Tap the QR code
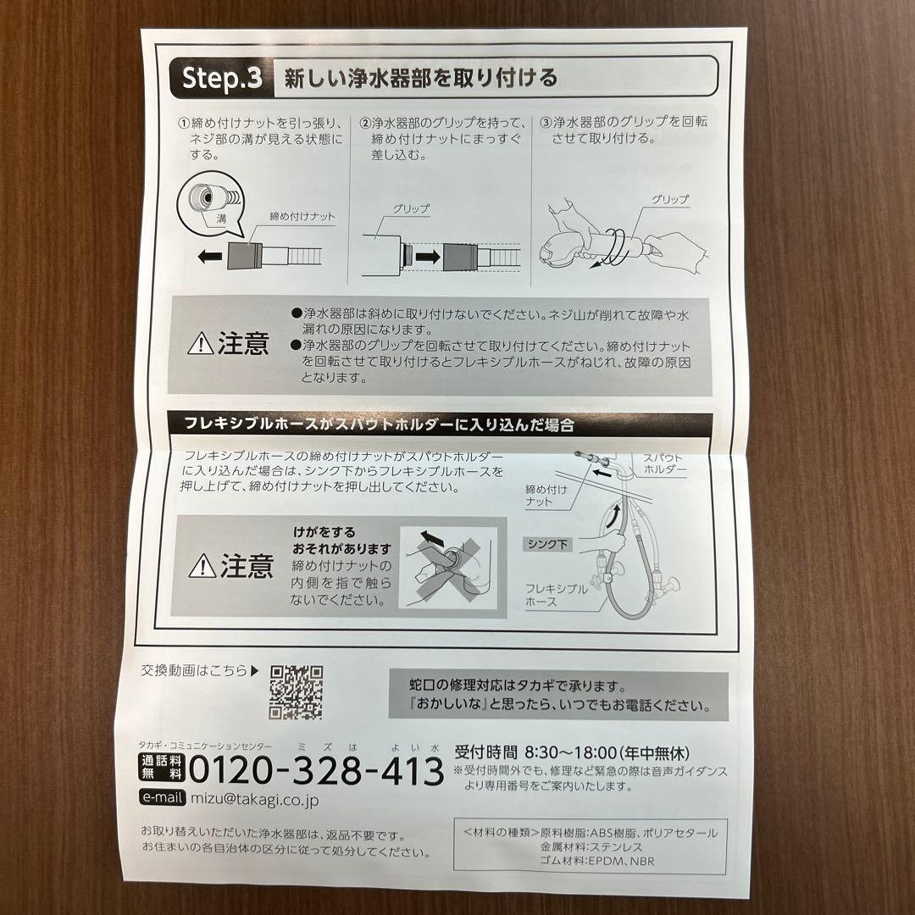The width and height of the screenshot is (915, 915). tap(296, 692)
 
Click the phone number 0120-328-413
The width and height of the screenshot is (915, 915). tap(316, 771)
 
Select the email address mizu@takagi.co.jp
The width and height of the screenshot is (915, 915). tap(254, 799)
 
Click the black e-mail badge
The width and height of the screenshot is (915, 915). tap(162, 797)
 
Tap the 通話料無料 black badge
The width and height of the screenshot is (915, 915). tap(162, 768)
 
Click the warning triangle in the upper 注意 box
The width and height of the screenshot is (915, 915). tap(201, 344)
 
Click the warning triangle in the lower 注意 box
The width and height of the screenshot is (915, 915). tap(202, 565)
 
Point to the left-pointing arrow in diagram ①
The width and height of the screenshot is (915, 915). tap(209, 256)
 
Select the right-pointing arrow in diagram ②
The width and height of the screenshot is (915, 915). tap(428, 256)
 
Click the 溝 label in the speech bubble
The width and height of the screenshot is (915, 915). tap(221, 219)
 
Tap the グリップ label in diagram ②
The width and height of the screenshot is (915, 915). tap(411, 208)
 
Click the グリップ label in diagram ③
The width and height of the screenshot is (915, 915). tap(670, 199)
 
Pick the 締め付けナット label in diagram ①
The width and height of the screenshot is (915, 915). tap(302, 217)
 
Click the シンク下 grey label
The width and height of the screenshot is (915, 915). tap(547, 545)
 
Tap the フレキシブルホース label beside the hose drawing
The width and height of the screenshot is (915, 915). tap(556, 596)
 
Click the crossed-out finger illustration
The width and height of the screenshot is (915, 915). tap(449, 567)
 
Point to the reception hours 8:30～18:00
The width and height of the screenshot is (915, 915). tap(571, 753)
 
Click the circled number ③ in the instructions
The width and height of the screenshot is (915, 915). tap(545, 123)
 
